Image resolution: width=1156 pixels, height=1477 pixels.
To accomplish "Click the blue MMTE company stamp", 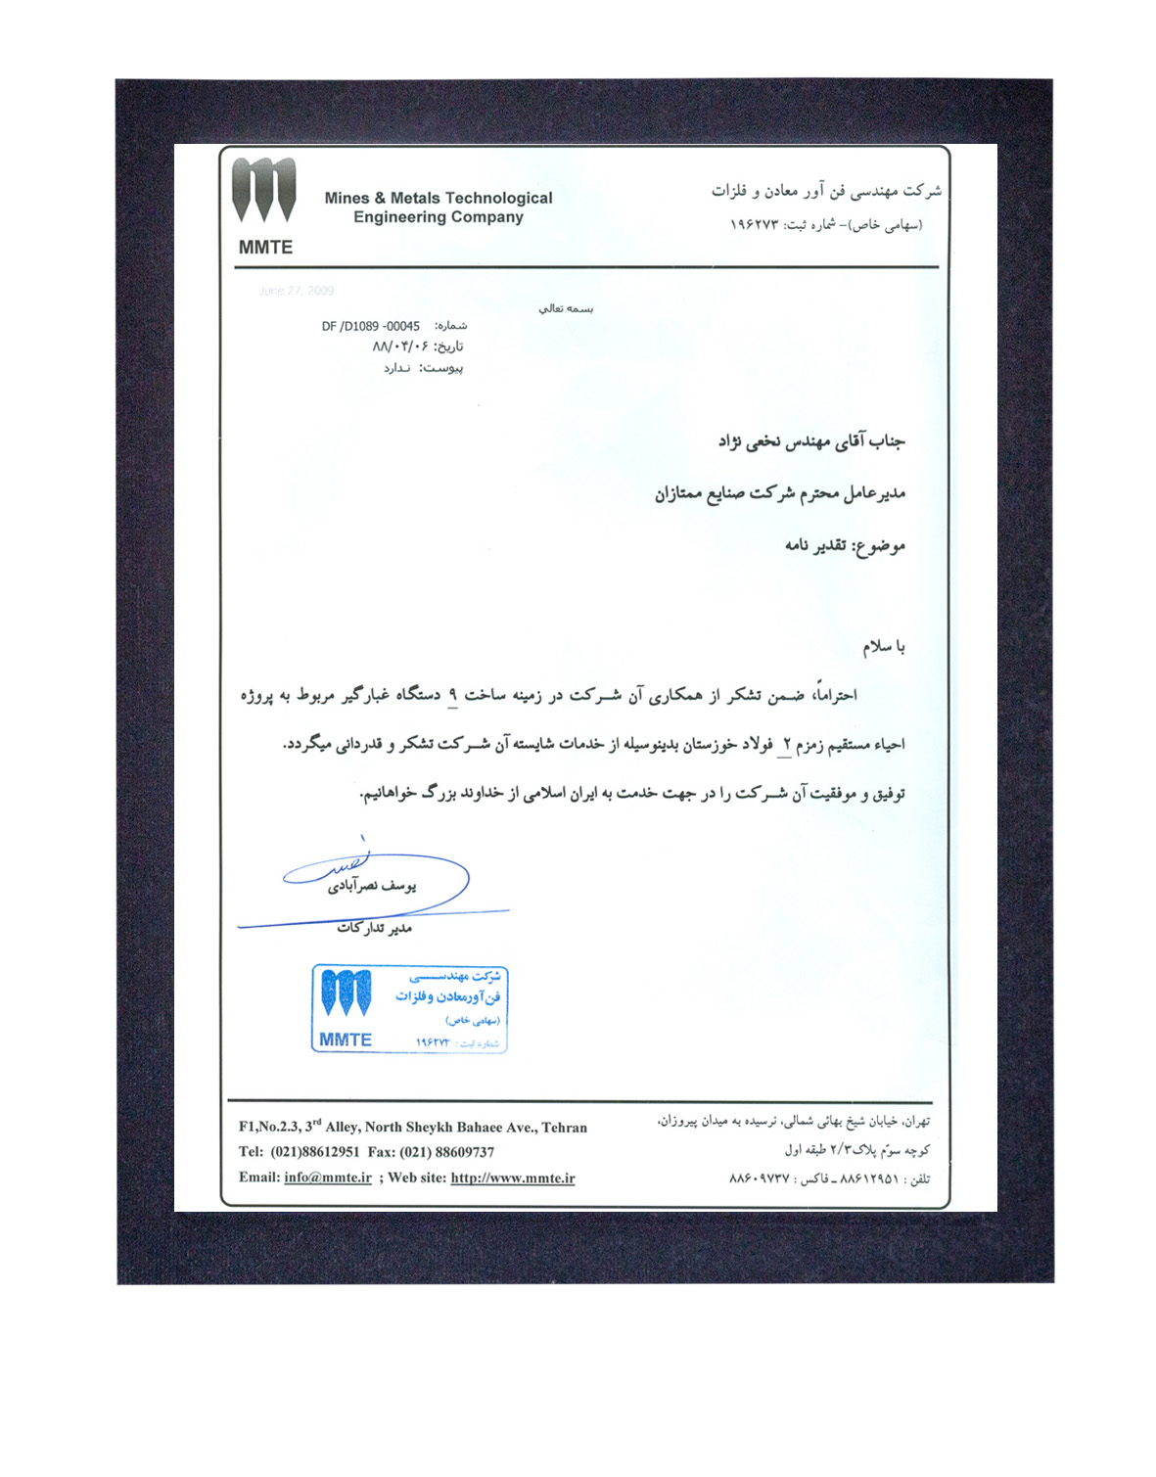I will [409, 1009].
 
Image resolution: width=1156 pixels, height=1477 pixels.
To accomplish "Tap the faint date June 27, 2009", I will [296, 291].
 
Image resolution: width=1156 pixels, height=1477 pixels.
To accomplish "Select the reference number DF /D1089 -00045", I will [370, 326].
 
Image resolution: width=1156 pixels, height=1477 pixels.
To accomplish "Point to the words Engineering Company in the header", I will [438, 217].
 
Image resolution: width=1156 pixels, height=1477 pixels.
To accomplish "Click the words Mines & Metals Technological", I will [438, 198].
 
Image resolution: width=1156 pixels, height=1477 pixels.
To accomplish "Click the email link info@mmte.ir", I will [327, 1177].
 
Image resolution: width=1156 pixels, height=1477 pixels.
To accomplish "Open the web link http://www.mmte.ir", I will [512, 1177].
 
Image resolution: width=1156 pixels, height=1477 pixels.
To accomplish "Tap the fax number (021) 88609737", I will [446, 1152].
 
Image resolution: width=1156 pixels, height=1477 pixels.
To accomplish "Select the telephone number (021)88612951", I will [315, 1152].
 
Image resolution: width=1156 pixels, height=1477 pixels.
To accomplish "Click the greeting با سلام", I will [883, 647].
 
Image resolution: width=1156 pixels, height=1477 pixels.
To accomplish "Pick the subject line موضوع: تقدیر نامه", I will [844, 545].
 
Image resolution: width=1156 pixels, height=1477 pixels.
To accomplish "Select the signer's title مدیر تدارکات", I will [374, 927].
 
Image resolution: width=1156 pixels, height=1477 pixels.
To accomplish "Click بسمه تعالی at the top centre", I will [566, 308].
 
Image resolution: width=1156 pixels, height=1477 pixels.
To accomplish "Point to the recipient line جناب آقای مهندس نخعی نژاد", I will [810, 442].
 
